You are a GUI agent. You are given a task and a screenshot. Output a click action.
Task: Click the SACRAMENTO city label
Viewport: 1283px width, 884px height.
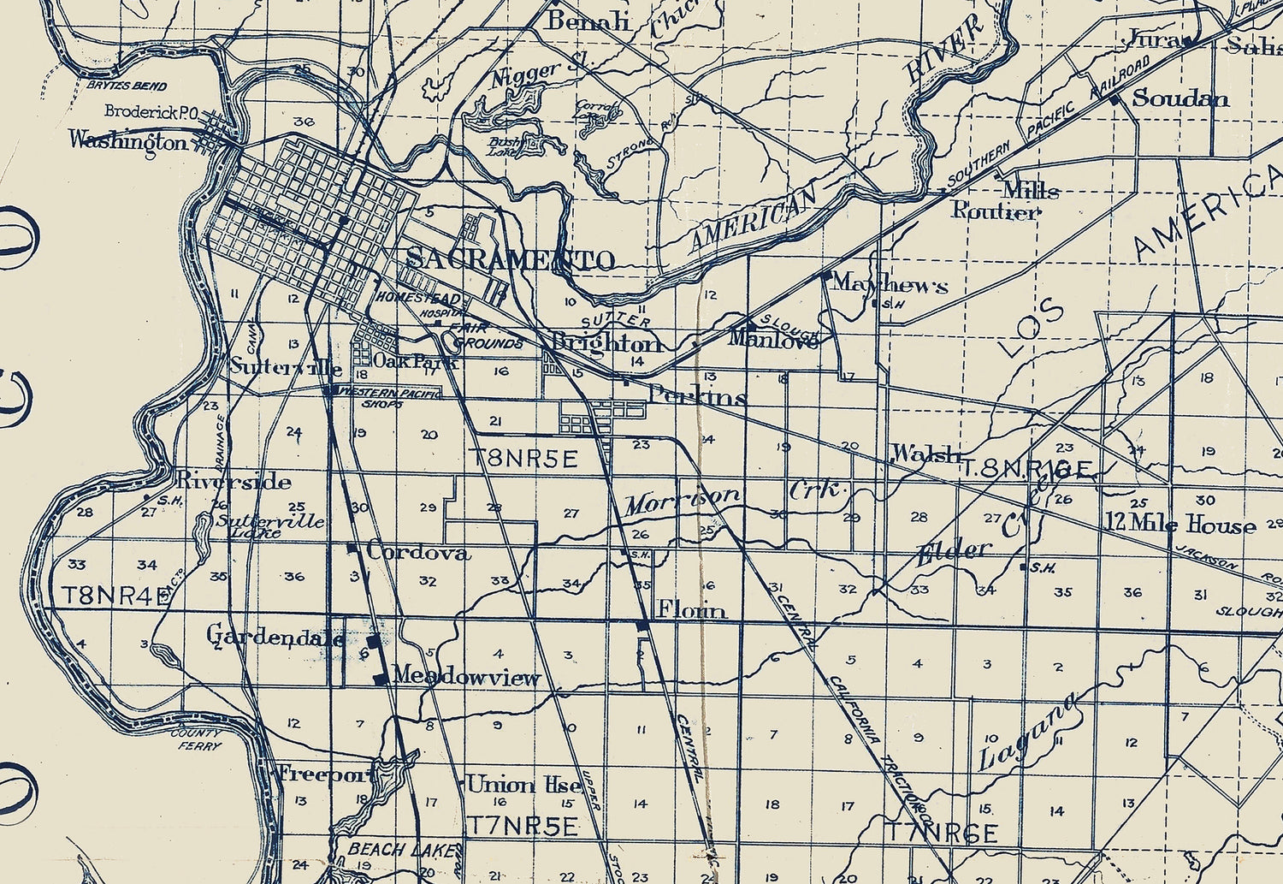coord(510,259)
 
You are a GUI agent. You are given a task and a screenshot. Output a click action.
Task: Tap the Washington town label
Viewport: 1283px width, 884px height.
coord(127,140)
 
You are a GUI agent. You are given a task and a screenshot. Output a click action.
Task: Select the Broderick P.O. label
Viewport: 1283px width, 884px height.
coord(151,111)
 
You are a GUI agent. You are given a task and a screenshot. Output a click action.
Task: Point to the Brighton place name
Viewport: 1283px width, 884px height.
coord(606,343)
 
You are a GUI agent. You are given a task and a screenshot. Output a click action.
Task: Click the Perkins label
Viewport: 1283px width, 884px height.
coord(697,396)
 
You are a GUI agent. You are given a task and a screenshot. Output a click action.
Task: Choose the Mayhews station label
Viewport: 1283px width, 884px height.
coord(890,283)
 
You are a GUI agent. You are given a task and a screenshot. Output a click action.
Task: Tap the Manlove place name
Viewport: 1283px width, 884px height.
coord(773,339)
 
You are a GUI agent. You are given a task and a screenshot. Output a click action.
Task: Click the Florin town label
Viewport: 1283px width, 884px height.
coord(691,609)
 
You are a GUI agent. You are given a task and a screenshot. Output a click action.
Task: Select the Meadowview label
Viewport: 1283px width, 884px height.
coord(466,677)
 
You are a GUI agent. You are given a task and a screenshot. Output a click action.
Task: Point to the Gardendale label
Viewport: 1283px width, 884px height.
coord(275,636)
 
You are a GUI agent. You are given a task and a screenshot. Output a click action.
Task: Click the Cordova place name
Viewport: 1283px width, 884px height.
coord(418,552)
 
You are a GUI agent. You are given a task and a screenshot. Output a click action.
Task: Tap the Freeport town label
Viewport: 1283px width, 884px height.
coord(326,774)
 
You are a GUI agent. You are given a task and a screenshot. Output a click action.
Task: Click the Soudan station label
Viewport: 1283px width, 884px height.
coord(1180,98)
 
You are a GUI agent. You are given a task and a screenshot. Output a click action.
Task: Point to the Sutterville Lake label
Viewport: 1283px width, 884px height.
coord(269,525)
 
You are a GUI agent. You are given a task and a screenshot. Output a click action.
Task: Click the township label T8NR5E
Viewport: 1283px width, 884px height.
coord(523,459)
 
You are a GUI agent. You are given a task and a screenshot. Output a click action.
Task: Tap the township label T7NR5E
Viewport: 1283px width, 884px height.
coord(522,826)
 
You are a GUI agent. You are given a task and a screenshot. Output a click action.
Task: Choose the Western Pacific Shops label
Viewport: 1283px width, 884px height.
coord(389,397)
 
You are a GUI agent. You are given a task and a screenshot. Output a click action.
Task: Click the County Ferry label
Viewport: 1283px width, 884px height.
coord(197,739)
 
